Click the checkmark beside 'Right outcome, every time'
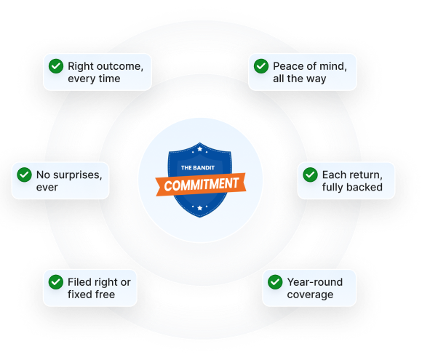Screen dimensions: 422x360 pyautogui.click(x=56, y=66)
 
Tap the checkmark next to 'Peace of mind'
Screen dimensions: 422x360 pyautogui.click(x=261, y=66)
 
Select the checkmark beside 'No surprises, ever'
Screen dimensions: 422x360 pyautogui.click(x=24, y=175)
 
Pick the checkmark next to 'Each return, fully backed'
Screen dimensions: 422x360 pyautogui.click(x=310, y=175)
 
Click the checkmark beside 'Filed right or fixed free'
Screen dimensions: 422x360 pyautogui.click(x=56, y=282)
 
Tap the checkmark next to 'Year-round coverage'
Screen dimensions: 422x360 pyautogui.click(x=275, y=282)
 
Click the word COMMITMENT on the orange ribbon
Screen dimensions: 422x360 pyautogui.click(x=202, y=185)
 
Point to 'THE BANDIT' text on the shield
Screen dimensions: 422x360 pyautogui.click(x=198, y=168)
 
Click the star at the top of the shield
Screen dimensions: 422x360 pyautogui.click(x=199, y=149)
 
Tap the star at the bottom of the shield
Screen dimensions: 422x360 pyautogui.click(x=199, y=208)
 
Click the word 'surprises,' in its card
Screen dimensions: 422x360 pyautogui.click(x=78, y=175)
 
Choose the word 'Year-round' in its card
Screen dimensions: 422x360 pyautogui.click(x=315, y=282)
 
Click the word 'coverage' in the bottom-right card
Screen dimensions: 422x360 pyautogui.click(x=310, y=295)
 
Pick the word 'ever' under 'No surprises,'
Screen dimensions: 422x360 pyautogui.click(x=47, y=188)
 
